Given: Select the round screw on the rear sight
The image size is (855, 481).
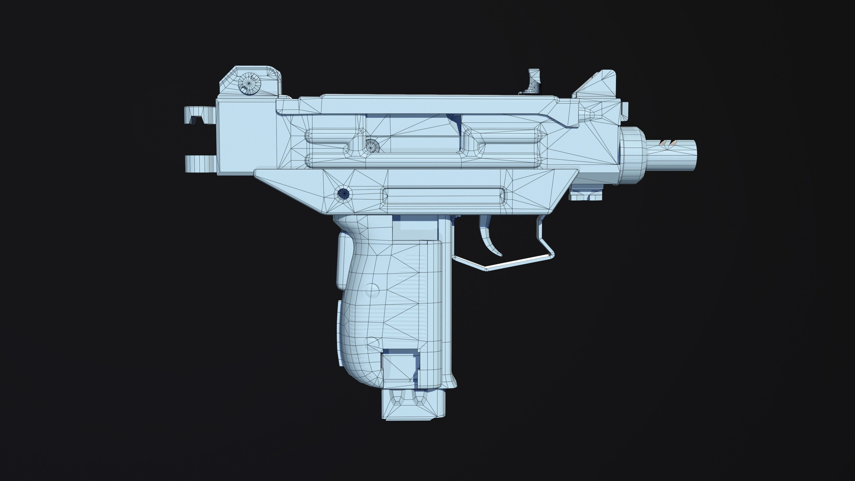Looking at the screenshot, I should coord(250,84).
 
